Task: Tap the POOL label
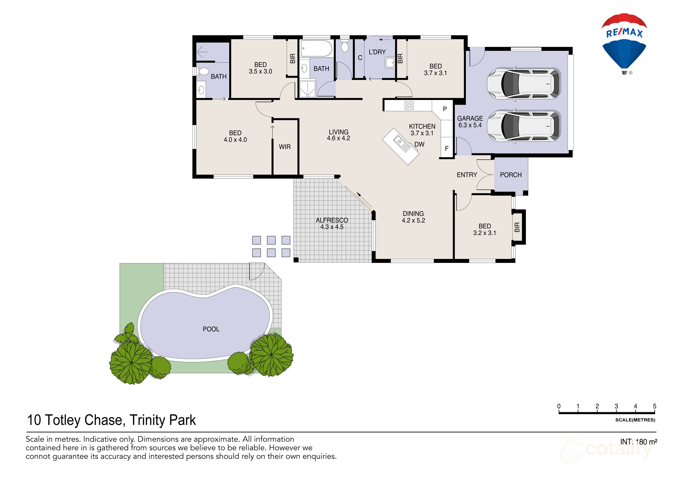[x=211, y=329]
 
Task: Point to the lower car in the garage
[x=523, y=126]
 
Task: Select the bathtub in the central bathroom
[x=316, y=49]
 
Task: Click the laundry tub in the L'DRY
[x=390, y=63]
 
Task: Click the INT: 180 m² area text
[x=639, y=442]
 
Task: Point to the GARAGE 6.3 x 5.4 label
[x=470, y=122]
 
